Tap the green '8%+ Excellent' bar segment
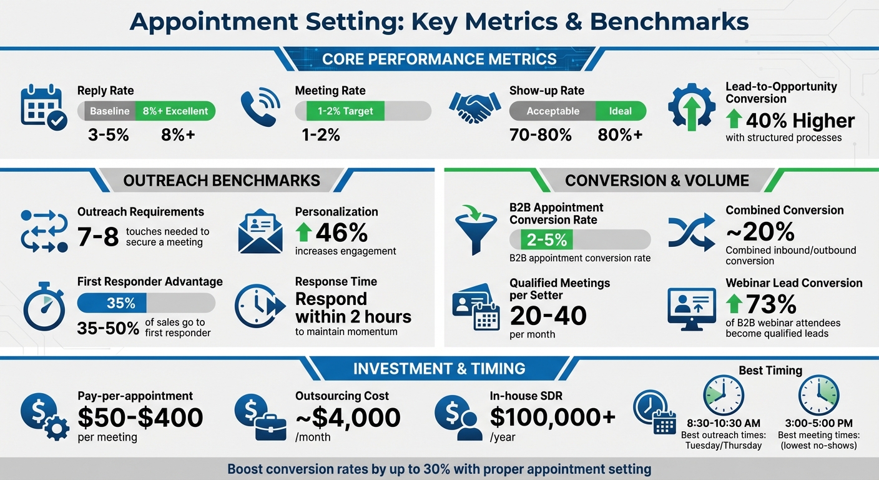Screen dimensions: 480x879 coord(175,111)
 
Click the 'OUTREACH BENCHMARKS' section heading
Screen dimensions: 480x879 coord(222,181)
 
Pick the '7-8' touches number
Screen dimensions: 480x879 coord(98,237)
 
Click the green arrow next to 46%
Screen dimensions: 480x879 coord(303,232)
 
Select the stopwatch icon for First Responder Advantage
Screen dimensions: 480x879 coord(44,307)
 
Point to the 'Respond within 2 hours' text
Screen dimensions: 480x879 coord(353,307)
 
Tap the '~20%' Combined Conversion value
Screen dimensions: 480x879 coord(760,232)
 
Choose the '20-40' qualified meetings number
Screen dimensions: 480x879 coord(548,316)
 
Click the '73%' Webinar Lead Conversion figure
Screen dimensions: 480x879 coord(771,304)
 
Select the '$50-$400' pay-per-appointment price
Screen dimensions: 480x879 coord(140,417)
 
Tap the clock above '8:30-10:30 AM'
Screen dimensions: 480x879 coord(723,395)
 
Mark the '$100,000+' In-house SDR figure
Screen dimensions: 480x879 coord(552,417)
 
